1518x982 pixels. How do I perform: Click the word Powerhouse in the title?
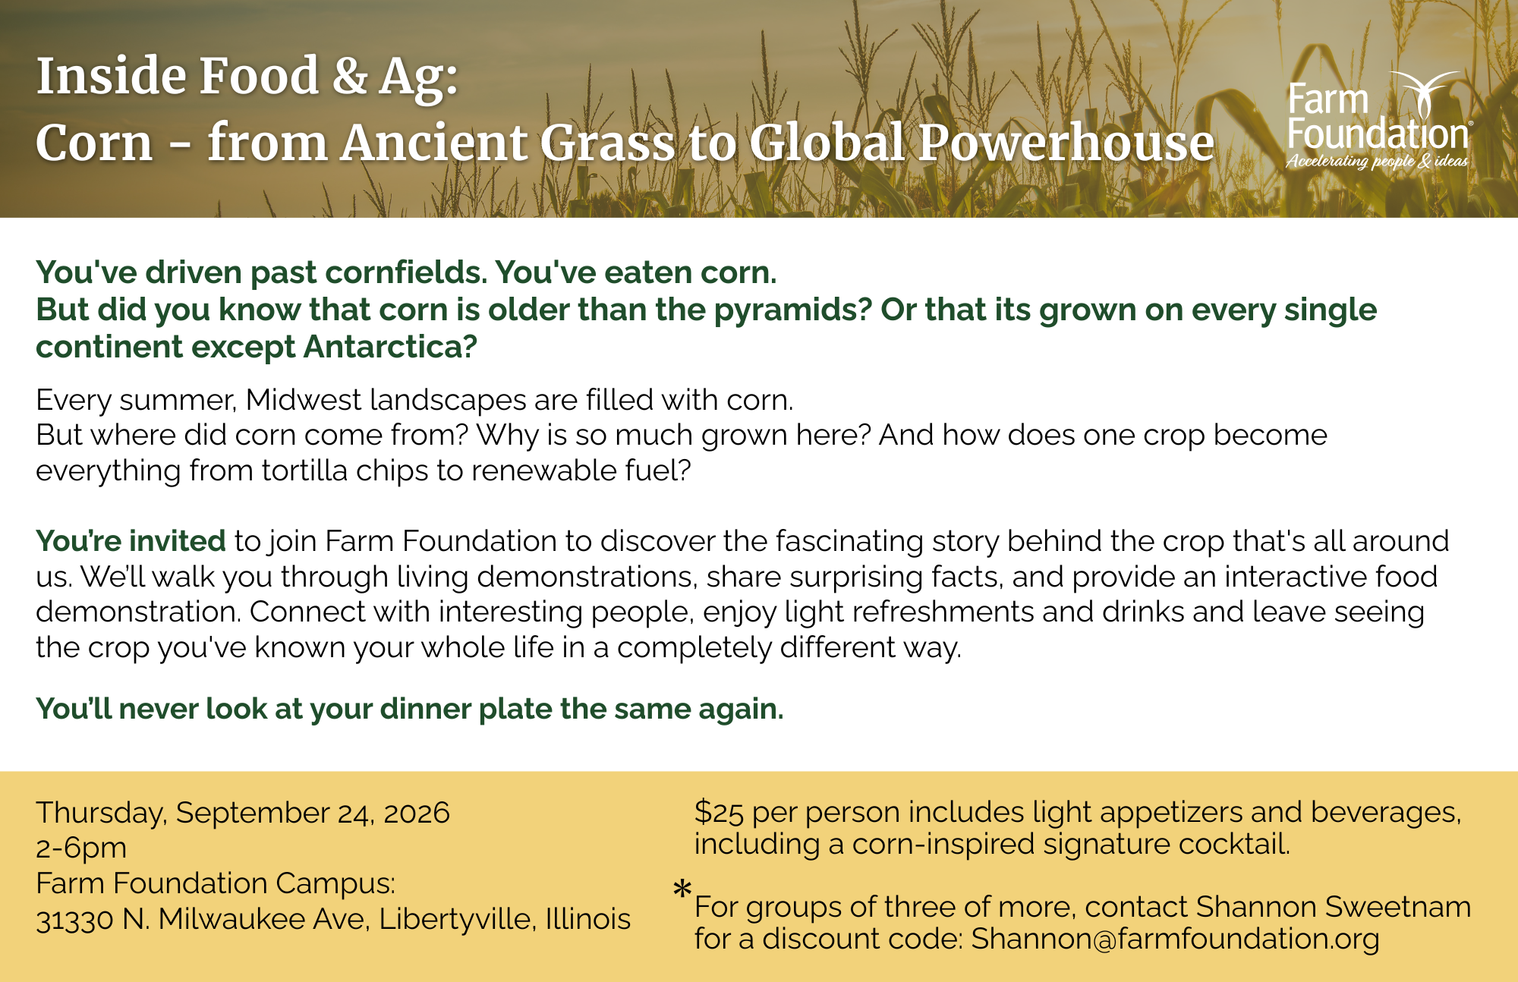pyautogui.click(x=1066, y=143)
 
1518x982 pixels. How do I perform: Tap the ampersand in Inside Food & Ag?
pyautogui.click(x=350, y=76)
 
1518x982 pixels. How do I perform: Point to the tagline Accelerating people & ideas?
pyautogui.click(x=1377, y=161)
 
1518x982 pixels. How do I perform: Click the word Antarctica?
pyautogui.click(x=390, y=347)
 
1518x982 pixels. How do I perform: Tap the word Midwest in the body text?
pyautogui.click(x=304, y=400)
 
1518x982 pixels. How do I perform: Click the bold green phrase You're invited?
pyautogui.click(x=131, y=541)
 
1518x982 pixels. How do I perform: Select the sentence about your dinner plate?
pyautogui.click(x=410, y=709)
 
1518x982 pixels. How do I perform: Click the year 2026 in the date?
pyautogui.click(x=417, y=813)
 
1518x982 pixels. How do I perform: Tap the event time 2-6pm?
pyautogui.click(x=81, y=848)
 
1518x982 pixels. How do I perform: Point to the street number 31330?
pyautogui.click(x=74, y=920)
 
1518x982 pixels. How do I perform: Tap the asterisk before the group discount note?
pyautogui.click(x=682, y=889)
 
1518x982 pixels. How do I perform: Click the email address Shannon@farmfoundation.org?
pyautogui.click(x=1175, y=940)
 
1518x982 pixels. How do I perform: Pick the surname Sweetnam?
pyautogui.click(x=1398, y=907)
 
